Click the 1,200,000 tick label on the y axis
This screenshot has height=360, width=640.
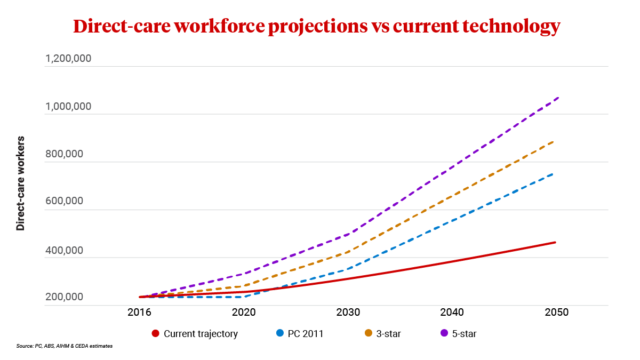pos(68,58)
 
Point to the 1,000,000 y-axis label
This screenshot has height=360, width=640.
pos(68,106)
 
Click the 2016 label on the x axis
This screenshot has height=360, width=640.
pos(139,313)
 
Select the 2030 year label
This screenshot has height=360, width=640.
pos(348,313)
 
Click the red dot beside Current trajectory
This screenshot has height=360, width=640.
pos(156,334)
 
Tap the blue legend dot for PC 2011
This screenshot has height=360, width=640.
pos(280,334)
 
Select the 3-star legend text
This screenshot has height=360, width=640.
pos(389,334)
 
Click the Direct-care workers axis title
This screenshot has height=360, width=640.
pos(21,183)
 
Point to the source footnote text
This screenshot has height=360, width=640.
pos(65,346)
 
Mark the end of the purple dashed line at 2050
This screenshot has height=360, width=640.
pos(558,98)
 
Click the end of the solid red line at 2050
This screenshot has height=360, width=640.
pos(555,243)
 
